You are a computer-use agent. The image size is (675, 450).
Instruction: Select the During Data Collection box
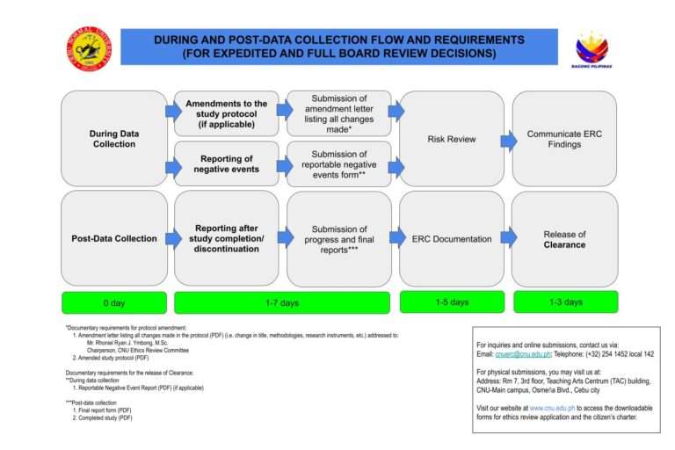(x=113, y=138)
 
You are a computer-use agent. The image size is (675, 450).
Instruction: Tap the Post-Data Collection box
(x=113, y=238)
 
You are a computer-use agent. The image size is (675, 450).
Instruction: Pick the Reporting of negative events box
(x=226, y=163)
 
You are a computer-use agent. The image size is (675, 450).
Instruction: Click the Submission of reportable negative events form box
(x=338, y=163)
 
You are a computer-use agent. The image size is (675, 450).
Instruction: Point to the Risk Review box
(x=451, y=138)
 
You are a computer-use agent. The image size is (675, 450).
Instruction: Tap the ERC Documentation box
(x=451, y=238)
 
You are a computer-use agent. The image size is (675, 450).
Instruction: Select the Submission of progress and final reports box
(x=338, y=238)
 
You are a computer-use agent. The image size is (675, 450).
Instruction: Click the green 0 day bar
(x=113, y=302)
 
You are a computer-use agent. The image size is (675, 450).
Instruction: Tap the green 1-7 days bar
(x=282, y=302)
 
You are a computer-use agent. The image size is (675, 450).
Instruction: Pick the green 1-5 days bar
(x=451, y=301)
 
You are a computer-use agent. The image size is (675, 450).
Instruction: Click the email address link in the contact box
(x=527, y=354)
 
